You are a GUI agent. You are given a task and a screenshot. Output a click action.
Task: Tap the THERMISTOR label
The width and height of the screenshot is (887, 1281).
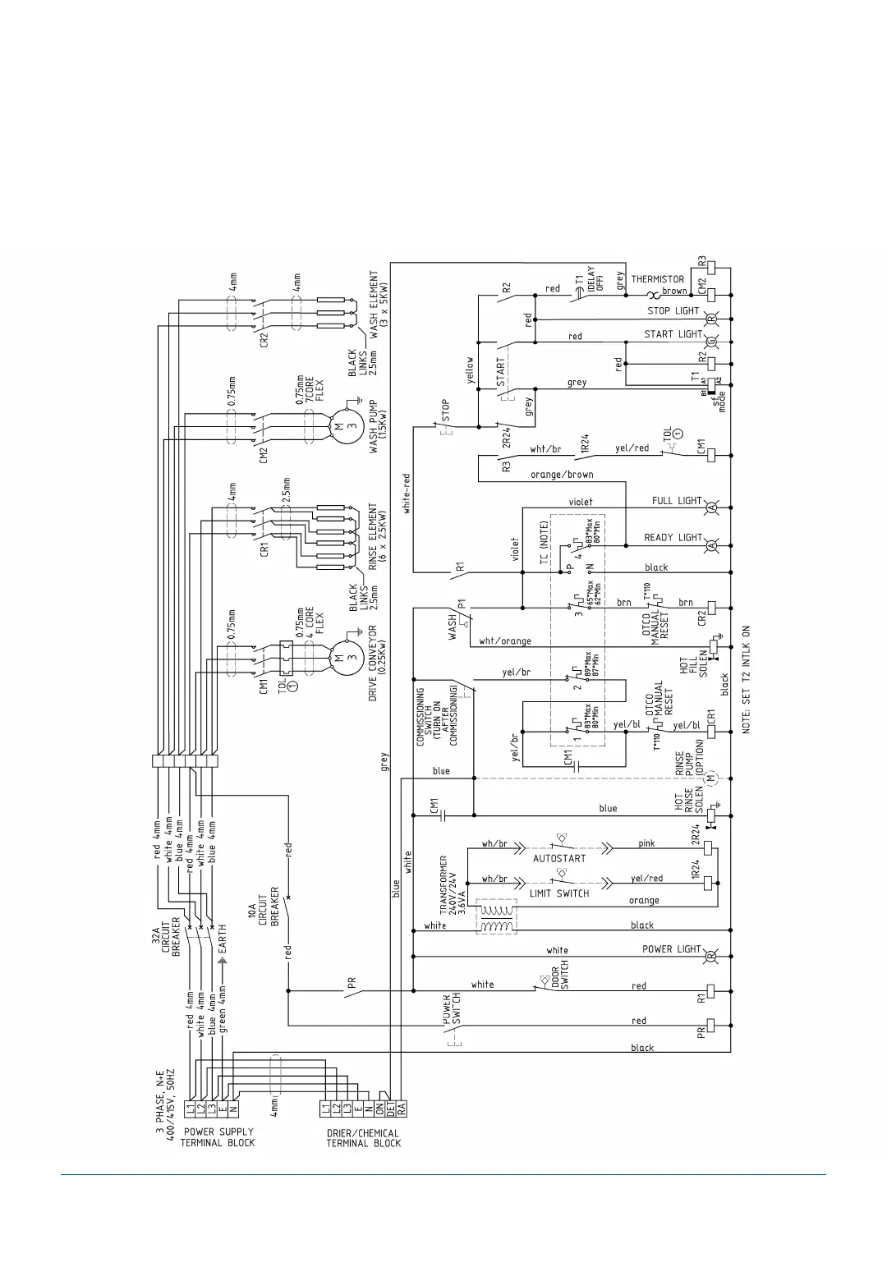point(657,279)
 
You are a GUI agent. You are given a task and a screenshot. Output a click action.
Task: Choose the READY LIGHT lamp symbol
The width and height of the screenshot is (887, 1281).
point(712,546)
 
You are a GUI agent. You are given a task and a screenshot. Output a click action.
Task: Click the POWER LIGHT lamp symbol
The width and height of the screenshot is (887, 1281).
point(712,957)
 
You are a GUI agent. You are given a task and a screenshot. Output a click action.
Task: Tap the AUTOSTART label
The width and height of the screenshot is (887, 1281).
point(559,858)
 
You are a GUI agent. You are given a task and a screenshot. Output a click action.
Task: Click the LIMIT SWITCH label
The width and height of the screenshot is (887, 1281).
point(559,893)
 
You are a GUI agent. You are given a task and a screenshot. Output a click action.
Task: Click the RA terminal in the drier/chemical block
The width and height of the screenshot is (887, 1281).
point(402,1108)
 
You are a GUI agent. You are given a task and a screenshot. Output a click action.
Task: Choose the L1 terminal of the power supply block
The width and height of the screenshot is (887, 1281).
point(190,1108)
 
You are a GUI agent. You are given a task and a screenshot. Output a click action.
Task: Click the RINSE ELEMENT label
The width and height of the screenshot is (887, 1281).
point(378,536)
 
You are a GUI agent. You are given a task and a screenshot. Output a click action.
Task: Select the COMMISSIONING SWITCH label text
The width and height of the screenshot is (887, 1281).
point(436,716)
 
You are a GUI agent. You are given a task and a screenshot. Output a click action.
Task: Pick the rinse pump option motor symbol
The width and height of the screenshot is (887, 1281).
point(712,778)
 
